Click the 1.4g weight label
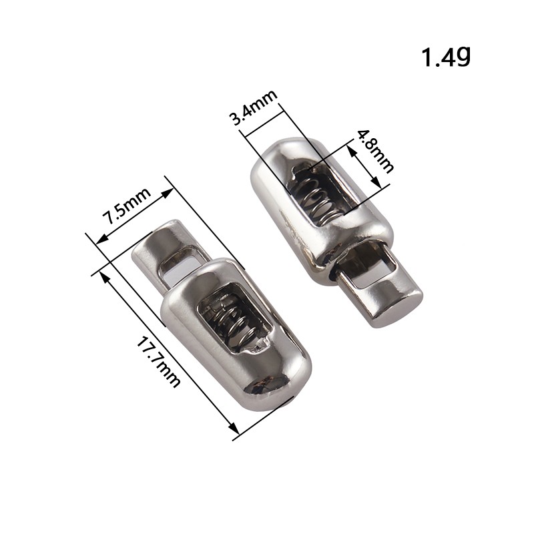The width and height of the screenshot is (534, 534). point(446,57)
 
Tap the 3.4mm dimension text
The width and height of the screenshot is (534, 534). point(254,107)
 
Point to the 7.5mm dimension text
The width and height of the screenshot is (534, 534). point(126,206)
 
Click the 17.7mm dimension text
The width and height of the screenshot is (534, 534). point(158,362)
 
